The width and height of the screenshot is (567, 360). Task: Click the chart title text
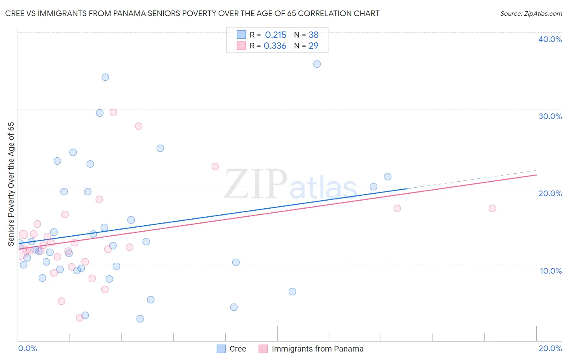192,13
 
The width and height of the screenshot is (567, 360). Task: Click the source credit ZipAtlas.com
531,13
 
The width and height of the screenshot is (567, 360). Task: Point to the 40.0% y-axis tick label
550,39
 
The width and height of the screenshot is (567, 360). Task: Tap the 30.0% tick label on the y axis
550,116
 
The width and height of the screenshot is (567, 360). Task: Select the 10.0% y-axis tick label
551,271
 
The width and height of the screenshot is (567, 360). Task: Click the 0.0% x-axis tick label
27,348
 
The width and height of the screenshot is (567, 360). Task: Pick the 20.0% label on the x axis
550,348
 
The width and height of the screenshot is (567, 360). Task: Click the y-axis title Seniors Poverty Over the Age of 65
11,184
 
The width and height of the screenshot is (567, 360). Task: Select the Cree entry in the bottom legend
231,349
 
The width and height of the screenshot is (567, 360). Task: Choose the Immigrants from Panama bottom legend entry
311,349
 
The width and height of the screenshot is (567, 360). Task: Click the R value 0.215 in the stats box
275,35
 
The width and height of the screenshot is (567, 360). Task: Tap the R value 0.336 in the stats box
275,46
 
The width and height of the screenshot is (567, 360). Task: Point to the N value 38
313,35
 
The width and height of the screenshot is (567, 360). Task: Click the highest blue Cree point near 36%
317,64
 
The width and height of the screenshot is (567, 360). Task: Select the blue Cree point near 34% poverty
105,77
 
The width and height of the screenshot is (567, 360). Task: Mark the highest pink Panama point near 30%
113,113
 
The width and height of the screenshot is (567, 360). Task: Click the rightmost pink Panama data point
492,208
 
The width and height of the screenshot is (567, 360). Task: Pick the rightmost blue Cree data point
388,176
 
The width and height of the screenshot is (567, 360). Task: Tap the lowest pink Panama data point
80,318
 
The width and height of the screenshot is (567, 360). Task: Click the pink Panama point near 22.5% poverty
215,166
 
